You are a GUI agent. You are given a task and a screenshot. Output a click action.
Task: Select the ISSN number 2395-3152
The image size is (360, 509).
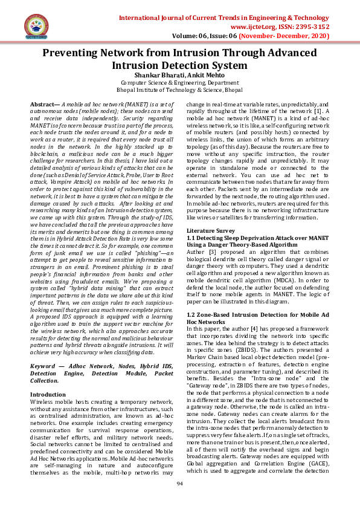pos(310,27)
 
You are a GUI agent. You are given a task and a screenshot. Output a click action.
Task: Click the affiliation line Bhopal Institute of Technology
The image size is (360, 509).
pos(179,89)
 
